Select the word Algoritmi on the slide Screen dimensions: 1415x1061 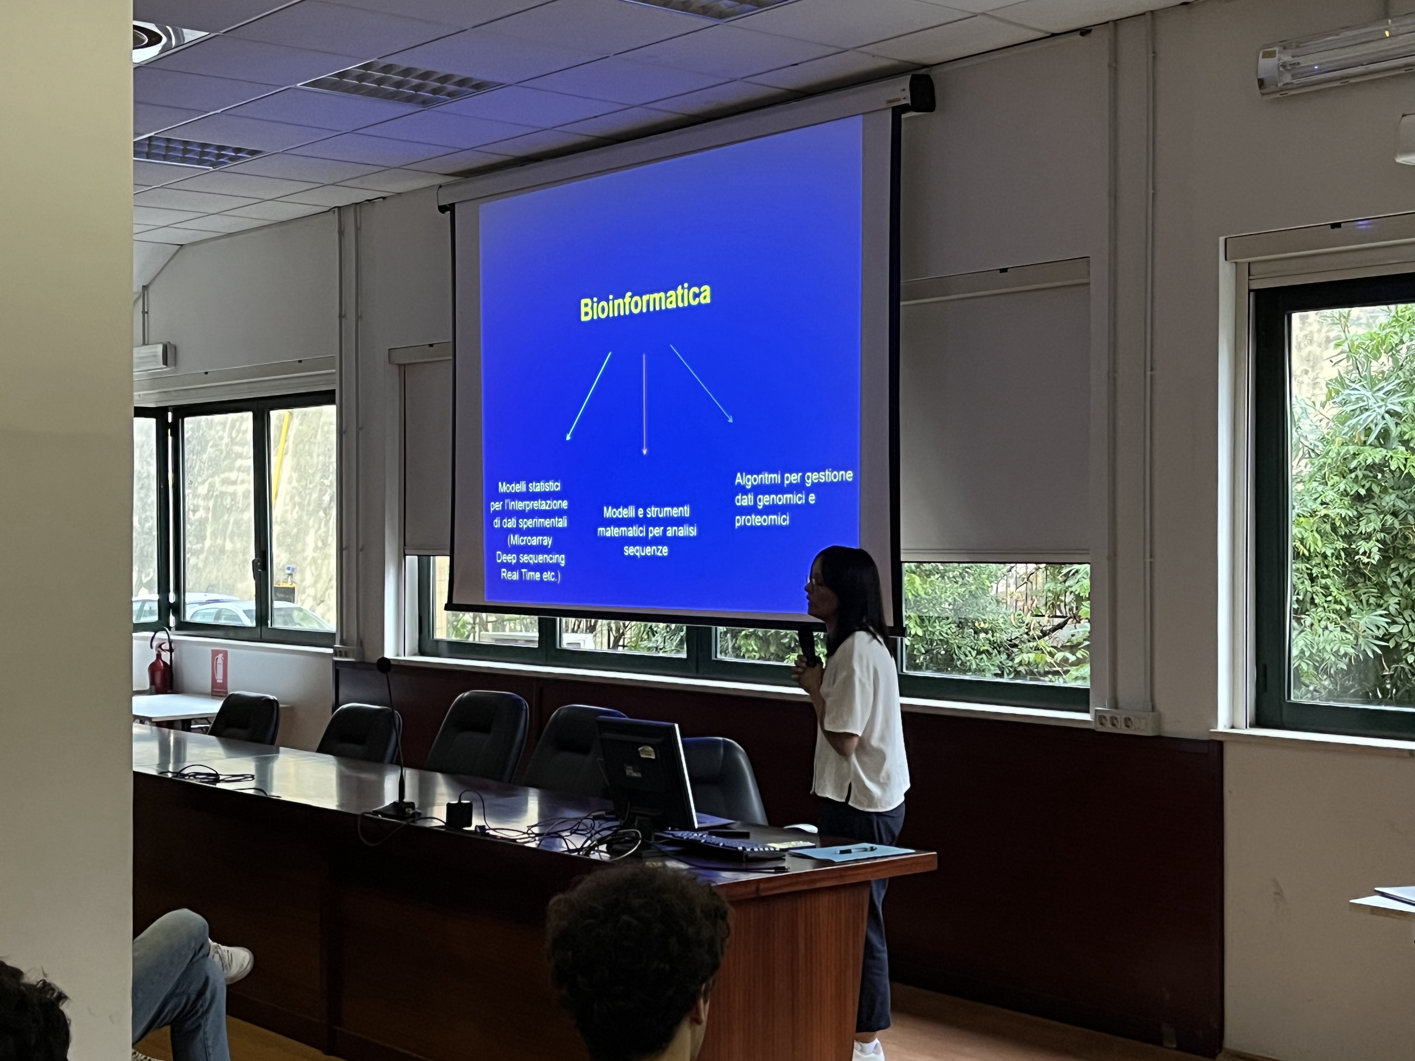coord(757,479)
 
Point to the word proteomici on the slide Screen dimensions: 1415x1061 coord(761,519)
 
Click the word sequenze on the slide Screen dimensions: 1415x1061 coord(645,550)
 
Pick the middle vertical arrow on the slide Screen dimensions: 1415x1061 coord(644,404)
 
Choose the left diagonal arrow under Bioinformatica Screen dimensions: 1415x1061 coord(589,396)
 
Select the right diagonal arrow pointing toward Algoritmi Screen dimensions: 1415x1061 coord(701,384)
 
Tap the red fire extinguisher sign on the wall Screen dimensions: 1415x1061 coord(219,672)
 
